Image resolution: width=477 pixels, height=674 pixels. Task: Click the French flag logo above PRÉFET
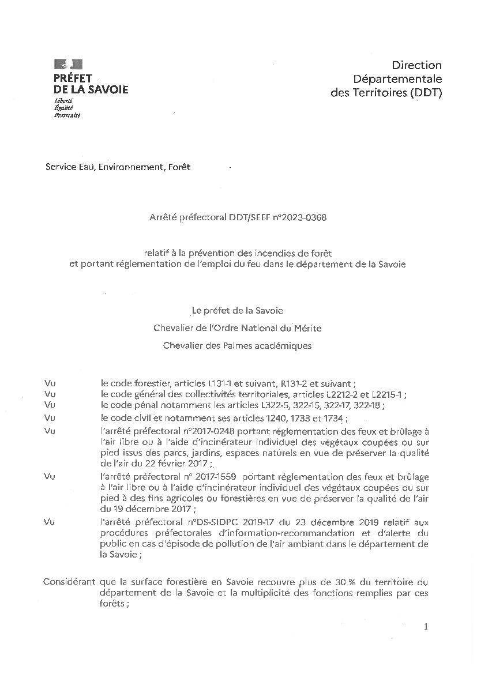[68, 64]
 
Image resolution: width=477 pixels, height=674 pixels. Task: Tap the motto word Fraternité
[67, 115]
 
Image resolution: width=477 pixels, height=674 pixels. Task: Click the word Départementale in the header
[397, 79]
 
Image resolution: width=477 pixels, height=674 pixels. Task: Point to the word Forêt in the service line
[179, 167]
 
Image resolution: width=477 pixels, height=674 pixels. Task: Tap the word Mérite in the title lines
[309, 328]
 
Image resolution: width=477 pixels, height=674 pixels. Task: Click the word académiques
[281, 345]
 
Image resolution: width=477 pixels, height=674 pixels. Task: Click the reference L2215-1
[389, 394]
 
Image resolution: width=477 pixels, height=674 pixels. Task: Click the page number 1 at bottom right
[426, 627]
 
